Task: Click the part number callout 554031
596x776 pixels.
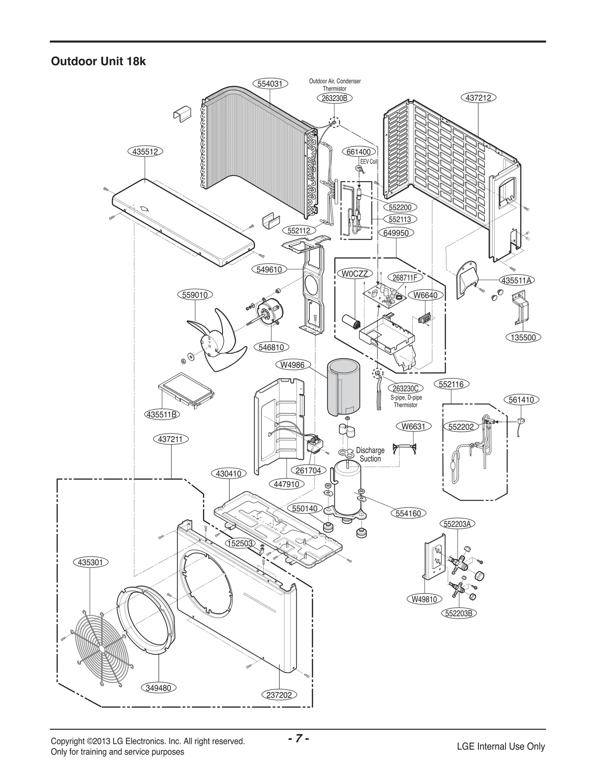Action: [x=270, y=84]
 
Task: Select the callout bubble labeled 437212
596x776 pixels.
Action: [x=478, y=98]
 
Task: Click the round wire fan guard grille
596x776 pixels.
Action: [x=101, y=648]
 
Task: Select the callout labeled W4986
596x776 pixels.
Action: [x=292, y=365]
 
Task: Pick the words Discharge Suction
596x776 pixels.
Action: [x=370, y=454]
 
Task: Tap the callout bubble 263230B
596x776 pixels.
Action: [x=335, y=98]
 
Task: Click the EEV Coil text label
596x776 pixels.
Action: [x=368, y=162]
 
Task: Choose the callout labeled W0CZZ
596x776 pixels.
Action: [x=355, y=274]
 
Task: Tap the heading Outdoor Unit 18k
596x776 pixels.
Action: [x=98, y=61]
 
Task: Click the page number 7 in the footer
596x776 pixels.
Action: [x=299, y=738]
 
